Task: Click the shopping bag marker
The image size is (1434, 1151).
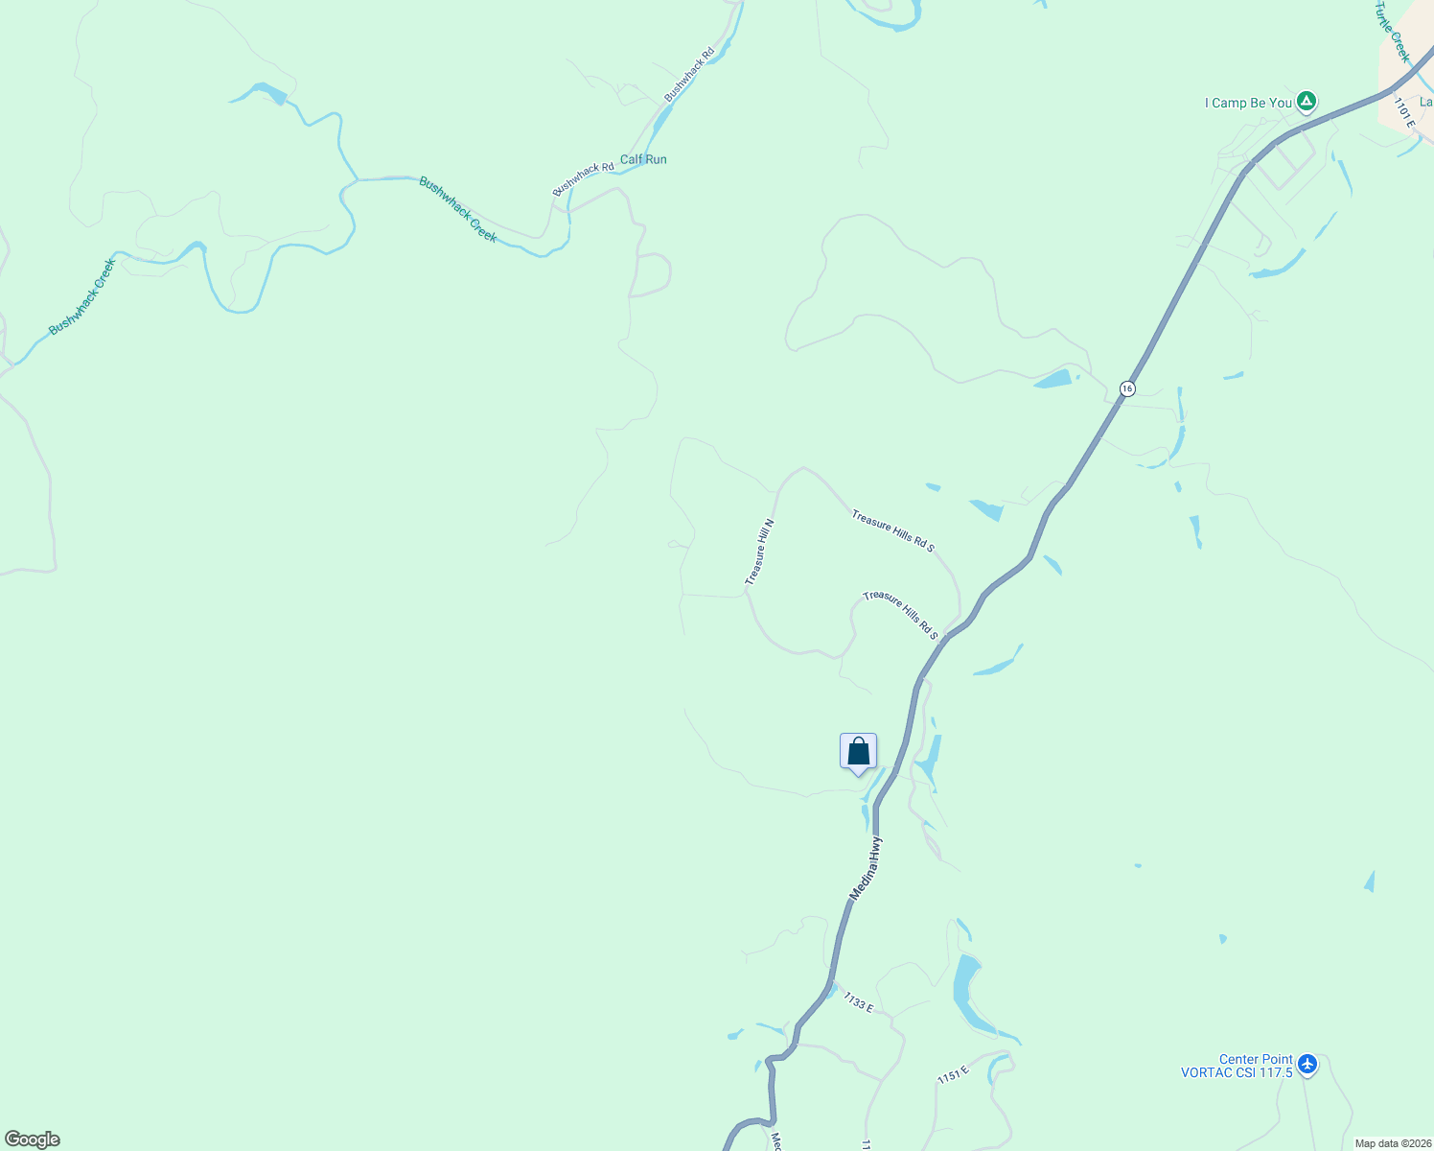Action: (858, 752)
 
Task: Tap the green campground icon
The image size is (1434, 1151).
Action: (1306, 102)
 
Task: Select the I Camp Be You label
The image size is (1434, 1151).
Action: (1248, 103)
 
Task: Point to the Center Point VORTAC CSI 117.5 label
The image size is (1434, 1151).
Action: (1237, 1067)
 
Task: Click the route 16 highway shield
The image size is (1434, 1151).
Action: (1127, 388)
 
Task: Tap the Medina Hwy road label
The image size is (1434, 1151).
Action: (866, 868)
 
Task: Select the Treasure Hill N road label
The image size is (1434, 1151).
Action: (759, 552)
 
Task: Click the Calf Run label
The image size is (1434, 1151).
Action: (643, 159)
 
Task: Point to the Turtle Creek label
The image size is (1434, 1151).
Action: (1393, 31)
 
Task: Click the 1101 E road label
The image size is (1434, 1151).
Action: (1404, 112)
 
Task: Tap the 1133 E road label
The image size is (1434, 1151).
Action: (859, 1002)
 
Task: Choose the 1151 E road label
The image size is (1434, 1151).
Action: (954, 1075)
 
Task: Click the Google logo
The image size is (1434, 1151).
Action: (33, 1139)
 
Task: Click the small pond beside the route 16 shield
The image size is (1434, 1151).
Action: (1053, 378)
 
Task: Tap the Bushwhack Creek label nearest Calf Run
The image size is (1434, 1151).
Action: (458, 208)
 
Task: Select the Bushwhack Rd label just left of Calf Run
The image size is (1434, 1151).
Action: (583, 179)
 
